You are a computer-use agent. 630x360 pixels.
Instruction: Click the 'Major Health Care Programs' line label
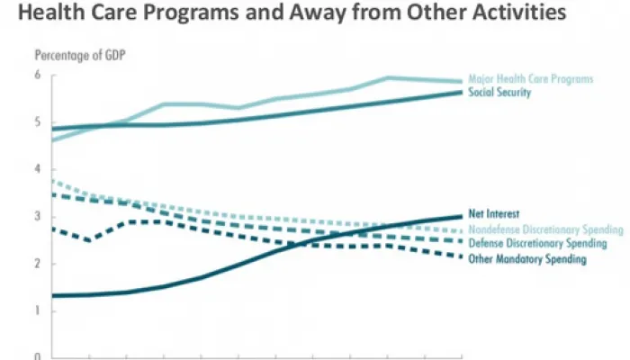click(x=530, y=79)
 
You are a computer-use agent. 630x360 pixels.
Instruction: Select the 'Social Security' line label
click(x=501, y=93)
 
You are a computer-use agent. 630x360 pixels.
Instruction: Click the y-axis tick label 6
click(x=39, y=75)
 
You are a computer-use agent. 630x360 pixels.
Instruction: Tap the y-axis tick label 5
click(x=39, y=121)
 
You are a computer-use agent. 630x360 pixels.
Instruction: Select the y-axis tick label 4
click(x=39, y=169)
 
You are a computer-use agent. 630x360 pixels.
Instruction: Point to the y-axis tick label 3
click(x=39, y=216)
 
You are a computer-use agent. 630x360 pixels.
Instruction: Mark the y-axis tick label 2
click(x=39, y=264)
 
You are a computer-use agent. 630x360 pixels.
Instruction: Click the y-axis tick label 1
click(x=39, y=310)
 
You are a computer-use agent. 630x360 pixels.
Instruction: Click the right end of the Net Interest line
click(x=462, y=216)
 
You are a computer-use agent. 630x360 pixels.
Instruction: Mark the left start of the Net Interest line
click(x=52, y=295)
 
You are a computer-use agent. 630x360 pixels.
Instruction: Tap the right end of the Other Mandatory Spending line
click(x=462, y=258)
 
